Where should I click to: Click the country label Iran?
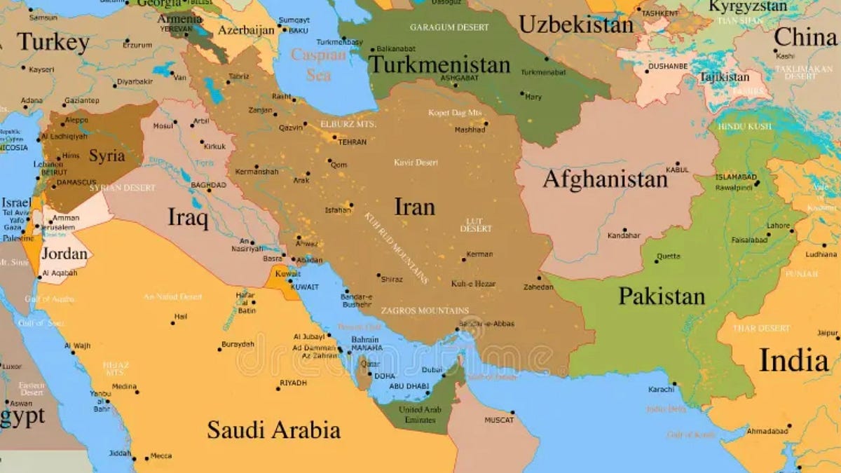pos(414,207)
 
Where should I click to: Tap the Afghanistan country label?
pos(605,179)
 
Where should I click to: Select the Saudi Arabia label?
pos(273,430)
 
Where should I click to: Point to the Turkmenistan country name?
pos(439,64)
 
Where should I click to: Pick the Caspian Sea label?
pos(318,64)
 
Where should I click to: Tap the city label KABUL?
pos(677,170)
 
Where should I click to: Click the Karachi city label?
pos(661,389)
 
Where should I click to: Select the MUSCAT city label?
pos(499,420)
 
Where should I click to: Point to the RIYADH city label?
pos(293,383)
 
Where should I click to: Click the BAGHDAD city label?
pos(208,185)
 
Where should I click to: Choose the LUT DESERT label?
pos(476,225)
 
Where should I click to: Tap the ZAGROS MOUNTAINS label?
pos(425,310)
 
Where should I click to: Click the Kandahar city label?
pos(624,235)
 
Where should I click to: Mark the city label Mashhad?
pos(470,130)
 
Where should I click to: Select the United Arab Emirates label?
pos(420,414)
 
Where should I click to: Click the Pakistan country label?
pos(661,296)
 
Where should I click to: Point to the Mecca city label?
pos(161,456)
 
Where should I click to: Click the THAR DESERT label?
pos(761,328)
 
